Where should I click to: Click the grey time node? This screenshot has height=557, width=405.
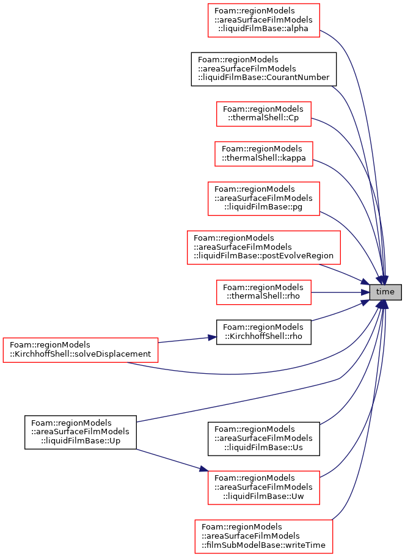tap(385, 292)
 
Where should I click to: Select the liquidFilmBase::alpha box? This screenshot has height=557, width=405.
tap(264, 20)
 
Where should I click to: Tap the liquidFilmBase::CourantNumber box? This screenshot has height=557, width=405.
tap(264, 69)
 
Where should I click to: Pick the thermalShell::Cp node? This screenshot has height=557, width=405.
tap(264, 114)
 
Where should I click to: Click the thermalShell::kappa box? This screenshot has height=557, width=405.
tap(264, 153)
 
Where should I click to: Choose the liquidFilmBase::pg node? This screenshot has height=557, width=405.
tap(264, 198)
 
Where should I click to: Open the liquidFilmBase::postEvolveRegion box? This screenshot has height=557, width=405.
tap(264, 247)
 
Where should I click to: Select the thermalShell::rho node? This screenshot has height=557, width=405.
tap(264, 292)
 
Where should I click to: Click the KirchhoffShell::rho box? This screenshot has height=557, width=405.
tap(264, 332)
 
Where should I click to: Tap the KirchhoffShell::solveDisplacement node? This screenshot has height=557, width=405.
tap(80, 350)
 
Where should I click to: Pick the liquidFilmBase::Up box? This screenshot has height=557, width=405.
tap(80, 432)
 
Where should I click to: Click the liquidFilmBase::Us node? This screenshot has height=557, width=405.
tap(264, 439)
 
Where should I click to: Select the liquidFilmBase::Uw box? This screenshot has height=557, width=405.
tap(264, 487)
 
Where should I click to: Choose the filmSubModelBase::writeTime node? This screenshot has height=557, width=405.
tap(264, 536)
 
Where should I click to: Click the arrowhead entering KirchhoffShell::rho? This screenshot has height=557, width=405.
tap(213, 337)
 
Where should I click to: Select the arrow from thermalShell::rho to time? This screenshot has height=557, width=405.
tap(340, 292)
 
